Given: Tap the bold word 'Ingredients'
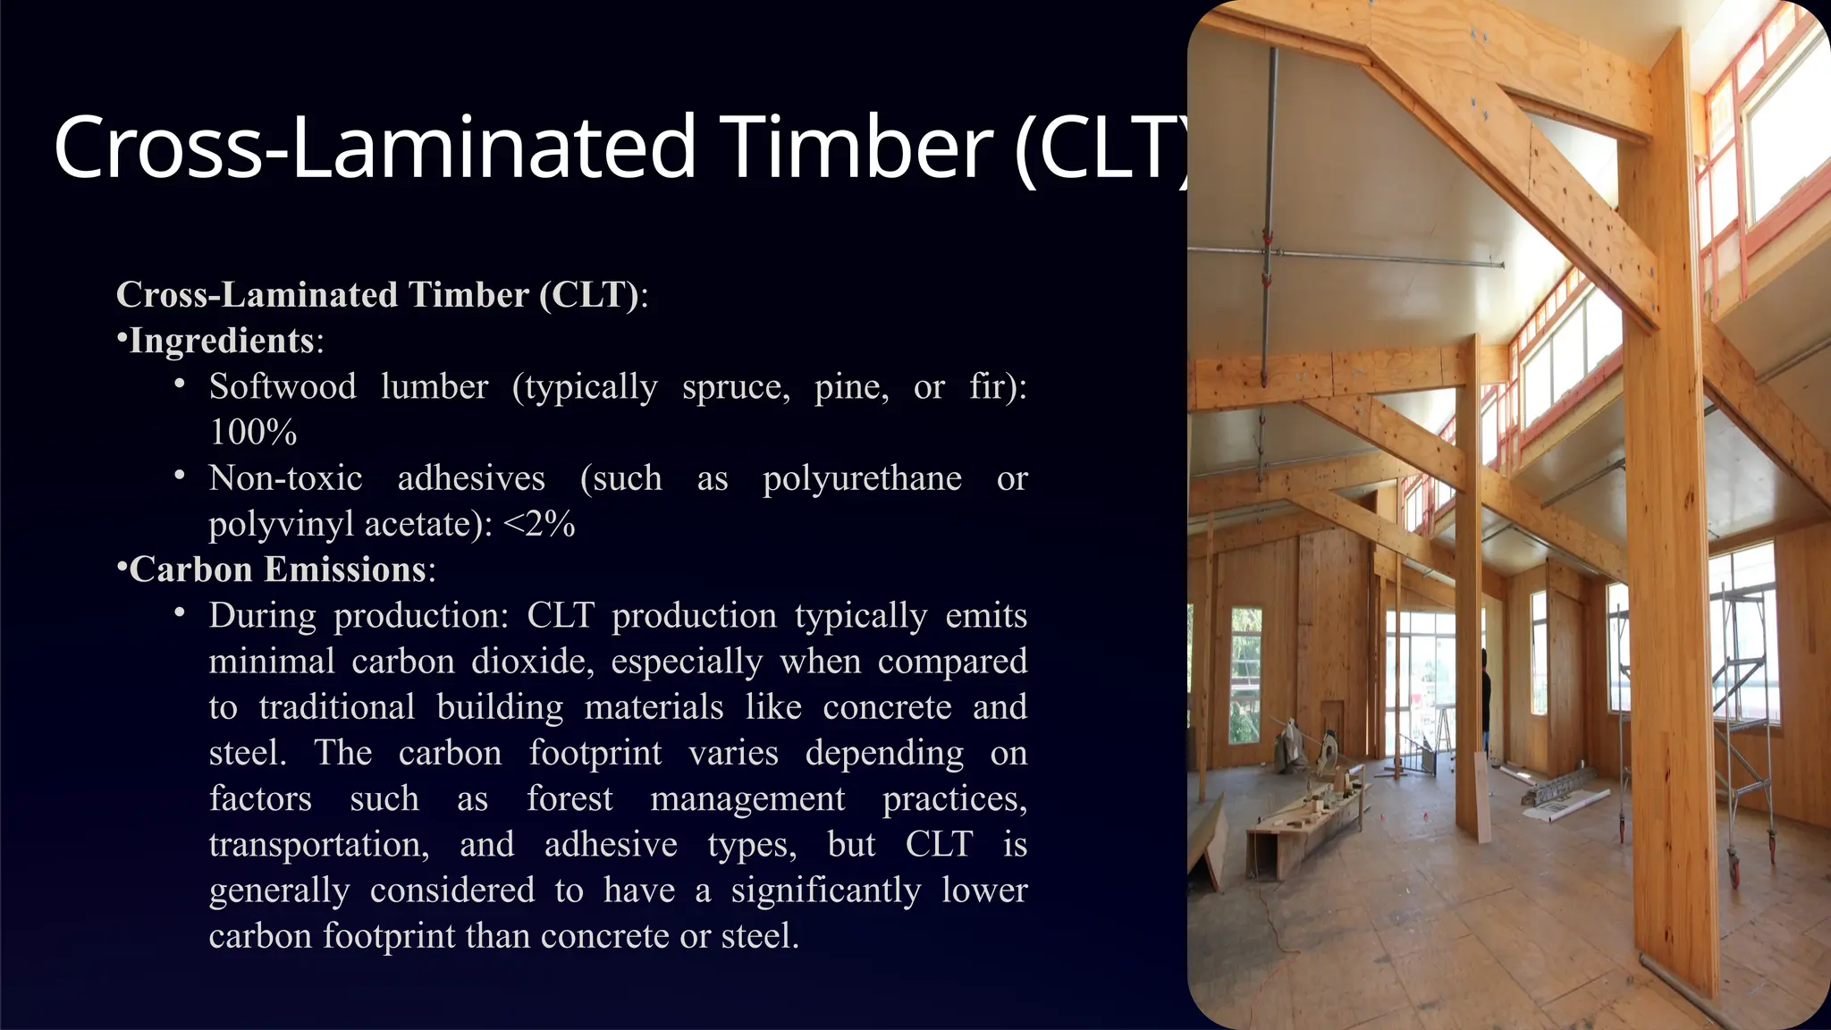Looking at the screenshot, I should (221, 341).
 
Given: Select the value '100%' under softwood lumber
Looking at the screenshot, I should (253, 433).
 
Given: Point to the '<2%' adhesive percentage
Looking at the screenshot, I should (539, 524).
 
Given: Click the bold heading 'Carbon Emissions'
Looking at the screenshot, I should (277, 570).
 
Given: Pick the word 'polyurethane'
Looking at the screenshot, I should (862, 478).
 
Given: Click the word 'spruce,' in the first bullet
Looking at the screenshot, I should (736, 387).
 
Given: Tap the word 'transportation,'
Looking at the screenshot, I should (319, 844).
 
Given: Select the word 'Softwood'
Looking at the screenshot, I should (283, 387).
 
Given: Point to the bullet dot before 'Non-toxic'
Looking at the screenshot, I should (180, 475).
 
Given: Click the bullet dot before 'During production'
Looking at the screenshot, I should (180, 612).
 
